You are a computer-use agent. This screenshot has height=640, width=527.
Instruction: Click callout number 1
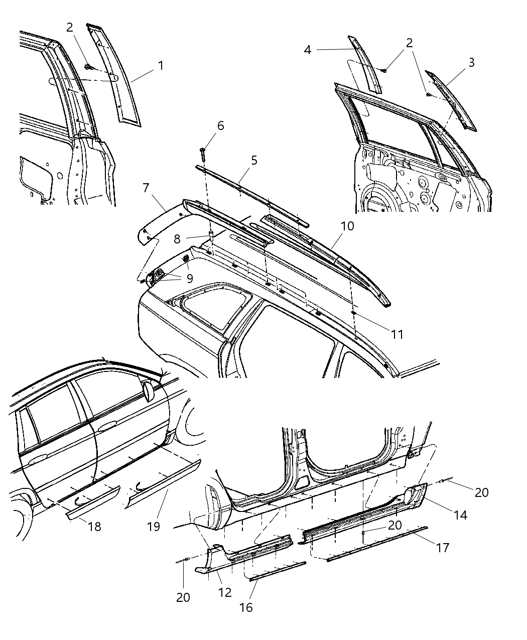160,66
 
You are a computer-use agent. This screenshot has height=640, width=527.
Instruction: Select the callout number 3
471,63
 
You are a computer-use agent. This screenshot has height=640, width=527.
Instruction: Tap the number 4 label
308,50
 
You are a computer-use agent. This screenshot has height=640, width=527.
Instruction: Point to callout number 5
254,160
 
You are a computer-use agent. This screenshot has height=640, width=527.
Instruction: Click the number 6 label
220,125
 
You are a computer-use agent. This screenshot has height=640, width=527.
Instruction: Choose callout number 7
146,188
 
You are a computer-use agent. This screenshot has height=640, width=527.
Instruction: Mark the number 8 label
177,239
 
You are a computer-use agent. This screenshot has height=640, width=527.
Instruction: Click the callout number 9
189,279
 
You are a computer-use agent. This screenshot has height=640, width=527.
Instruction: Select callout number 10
347,226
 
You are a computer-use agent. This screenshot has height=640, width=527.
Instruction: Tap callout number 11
397,334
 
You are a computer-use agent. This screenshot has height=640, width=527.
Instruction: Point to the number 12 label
225,592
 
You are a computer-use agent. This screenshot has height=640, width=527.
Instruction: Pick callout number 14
460,515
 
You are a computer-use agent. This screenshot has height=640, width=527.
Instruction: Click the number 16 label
246,607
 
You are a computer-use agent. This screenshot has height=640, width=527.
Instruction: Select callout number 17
442,547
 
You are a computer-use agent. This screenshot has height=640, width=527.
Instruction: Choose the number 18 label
94,526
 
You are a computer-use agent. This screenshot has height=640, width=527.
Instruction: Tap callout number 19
154,526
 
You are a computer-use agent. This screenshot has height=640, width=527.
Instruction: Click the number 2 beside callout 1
70,28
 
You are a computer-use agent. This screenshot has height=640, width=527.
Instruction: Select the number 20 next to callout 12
183,598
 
